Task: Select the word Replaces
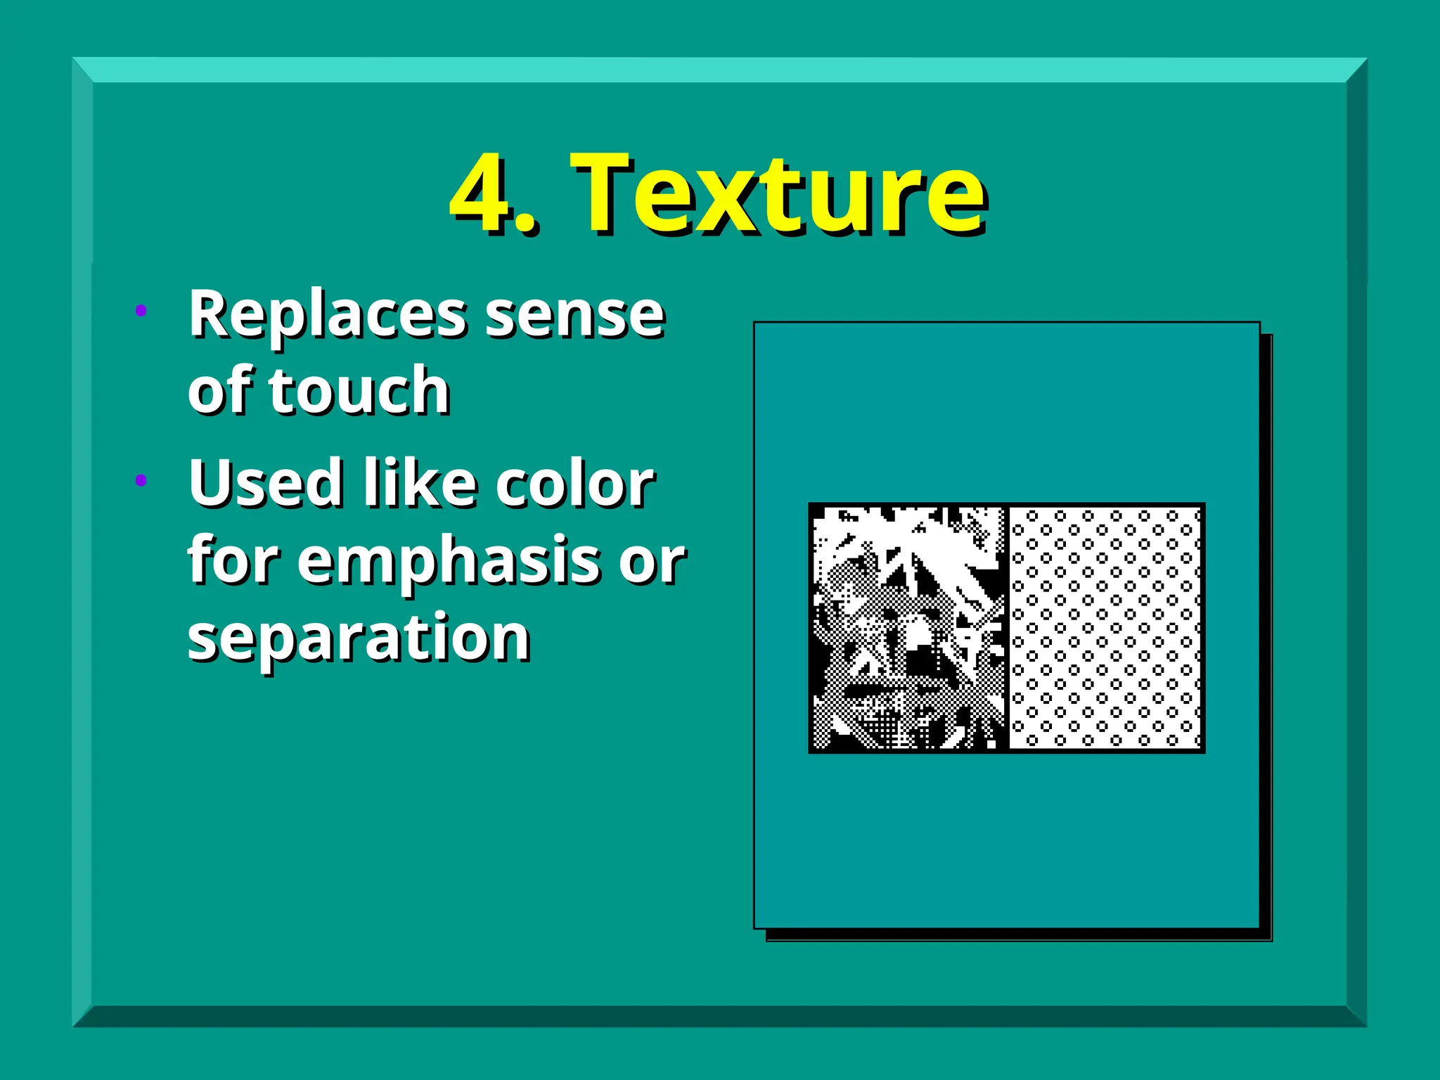[x=328, y=314]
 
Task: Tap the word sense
[x=574, y=316]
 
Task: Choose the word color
[x=574, y=483]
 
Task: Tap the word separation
[x=359, y=638]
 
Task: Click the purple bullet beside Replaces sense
[x=141, y=310]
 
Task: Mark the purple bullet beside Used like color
[x=141, y=480]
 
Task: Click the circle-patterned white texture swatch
[x=1105, y=627]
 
